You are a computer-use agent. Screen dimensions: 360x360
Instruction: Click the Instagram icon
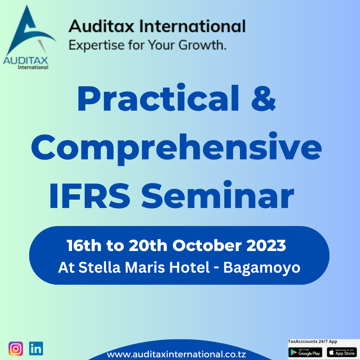point(16,349)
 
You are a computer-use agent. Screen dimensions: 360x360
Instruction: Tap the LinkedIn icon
point(36,349)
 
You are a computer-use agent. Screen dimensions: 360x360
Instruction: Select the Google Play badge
point(305,352)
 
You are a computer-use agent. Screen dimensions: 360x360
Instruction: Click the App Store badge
point(342,352)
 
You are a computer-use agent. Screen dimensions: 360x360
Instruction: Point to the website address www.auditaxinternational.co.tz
point(176,354)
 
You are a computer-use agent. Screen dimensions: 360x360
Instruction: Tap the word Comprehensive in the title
point(176,147)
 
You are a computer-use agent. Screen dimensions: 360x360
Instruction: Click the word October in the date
point(207,245)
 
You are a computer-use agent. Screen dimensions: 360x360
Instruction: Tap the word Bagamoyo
point(262,268)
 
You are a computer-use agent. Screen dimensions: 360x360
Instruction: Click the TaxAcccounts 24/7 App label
point(312,341)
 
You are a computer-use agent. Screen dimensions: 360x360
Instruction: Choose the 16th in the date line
point(84,245)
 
